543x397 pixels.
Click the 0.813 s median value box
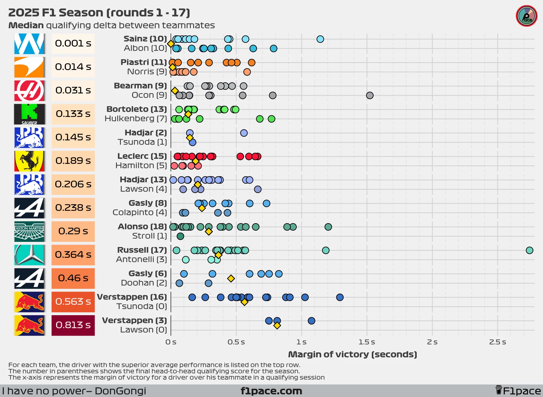pyautogui.click(x=73, y=325)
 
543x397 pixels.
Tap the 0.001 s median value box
pyautogui.click(x=73, y=44)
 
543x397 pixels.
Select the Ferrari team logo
pyautogui.click(x=29, y=161)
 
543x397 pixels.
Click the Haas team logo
pyautogui.click(x=29, y=91)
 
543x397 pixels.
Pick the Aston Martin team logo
pyautogui.click(x=29, y=231)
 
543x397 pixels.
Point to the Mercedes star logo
pyautogui.click(x=29, y=255)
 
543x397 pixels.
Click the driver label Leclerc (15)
pyautogui.click(x=142, y=156)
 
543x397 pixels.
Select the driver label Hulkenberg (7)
pyautogui.click(x=136, y=118)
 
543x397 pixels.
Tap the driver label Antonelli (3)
pyautogui.click(x=141, y=259)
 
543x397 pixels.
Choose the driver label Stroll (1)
pyautogui.click(x=150, y=236)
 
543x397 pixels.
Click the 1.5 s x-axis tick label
pyautogui.click(x=367, y=342)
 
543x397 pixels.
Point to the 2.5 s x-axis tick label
pyautogui.click(x=498, y=342)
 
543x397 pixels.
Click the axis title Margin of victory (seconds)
pyautogui.click(x=353, y=354)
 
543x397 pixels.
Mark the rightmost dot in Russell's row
pyautogui.click(x=530, y=250)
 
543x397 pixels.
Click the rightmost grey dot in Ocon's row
pyautogui.click(x=370, y=95)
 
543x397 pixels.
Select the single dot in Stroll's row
pyautogui.click(x=180, y=236)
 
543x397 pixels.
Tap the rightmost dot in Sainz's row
pyautogui.click(x=320, y=39)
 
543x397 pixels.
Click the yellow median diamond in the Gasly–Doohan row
pyautogui.click(x=231, y=279)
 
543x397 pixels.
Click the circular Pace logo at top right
pyautogui.click(x=527, y=16)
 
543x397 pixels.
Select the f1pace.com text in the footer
pyautogui.click(x=271, y=391)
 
